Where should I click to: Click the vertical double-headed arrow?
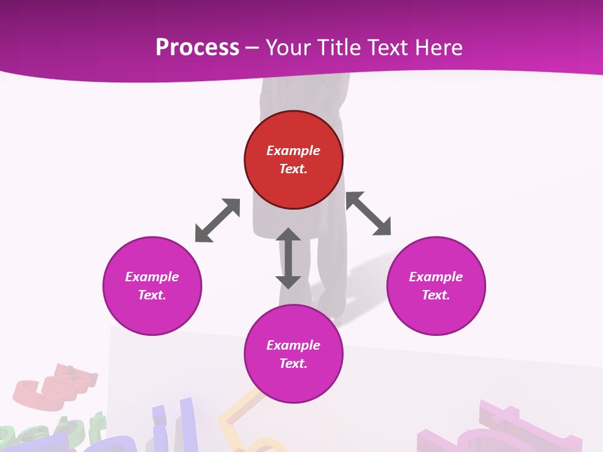(x=288, y=258)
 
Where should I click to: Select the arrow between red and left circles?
(x=217, y=220)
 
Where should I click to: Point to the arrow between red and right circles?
(x=369, y=213)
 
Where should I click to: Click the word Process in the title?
(x=197, y=48)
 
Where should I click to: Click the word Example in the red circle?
(x=293, y=151)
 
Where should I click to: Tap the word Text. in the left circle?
(x=152, y=295)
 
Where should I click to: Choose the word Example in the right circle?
(x=436, y=277)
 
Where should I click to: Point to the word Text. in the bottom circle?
(x=293, y=363)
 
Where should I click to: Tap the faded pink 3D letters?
(x=503, y=427)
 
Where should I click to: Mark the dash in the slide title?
(x=253, y=48)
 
